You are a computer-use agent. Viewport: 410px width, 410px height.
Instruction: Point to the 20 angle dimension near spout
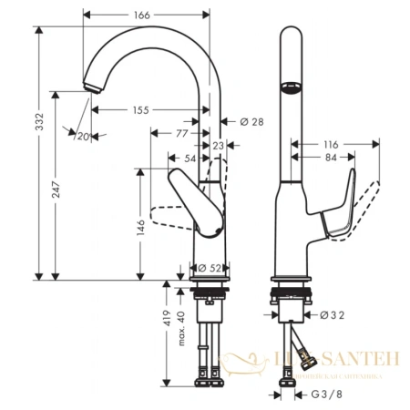tap(84, 136)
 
